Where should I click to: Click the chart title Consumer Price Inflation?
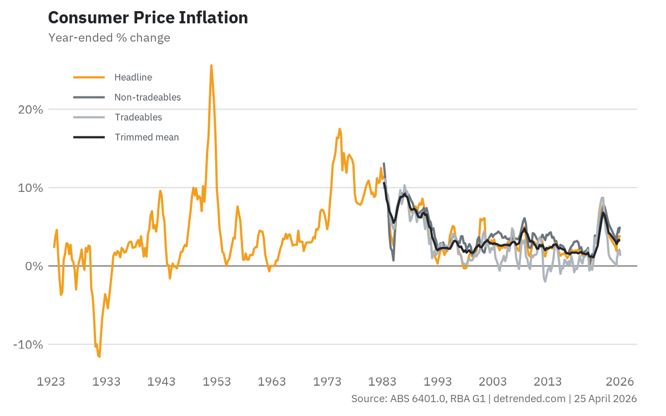[148, 18]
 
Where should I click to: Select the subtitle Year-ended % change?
[109, 38]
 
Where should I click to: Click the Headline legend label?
[133, 77]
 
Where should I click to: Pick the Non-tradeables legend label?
[148, 97]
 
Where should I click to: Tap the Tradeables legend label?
[138, 117]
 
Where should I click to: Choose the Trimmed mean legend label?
[147, 137]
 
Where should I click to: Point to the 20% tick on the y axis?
[31, 109]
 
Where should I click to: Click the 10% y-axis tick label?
[31, 187]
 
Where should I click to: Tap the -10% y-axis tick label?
[28, 344]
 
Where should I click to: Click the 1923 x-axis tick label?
[51, 382]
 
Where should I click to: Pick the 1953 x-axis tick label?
[216, 382]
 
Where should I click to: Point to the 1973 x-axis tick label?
[327, 382]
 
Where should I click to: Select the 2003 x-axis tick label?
[492, 382]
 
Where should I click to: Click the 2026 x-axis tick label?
[619, 382]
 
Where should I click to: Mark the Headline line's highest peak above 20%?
[211, 65]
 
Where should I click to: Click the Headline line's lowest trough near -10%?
[99, 357]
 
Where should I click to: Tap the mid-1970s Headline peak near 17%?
[339, 129]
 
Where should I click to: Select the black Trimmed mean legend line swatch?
[89, 137]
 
